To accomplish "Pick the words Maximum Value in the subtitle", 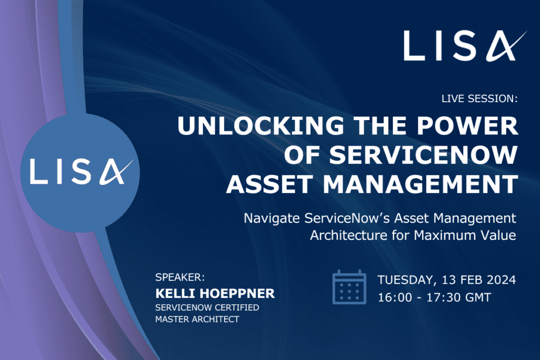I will [465, 235].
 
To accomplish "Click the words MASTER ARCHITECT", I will [197, 319].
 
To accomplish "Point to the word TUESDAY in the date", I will [407, 279].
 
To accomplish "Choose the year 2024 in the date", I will [500, 279].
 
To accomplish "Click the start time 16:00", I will [394, 297].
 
